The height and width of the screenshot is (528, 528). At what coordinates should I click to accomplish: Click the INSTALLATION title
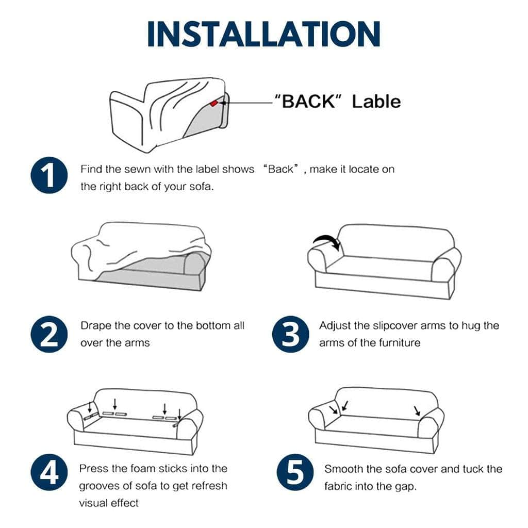(x=264, y=34)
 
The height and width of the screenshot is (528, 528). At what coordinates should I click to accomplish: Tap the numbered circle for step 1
(x=49, y=175)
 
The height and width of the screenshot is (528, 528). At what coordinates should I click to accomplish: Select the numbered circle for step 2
(x=49, y=334)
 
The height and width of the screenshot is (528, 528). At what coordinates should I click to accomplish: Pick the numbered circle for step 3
(x=291, y=334)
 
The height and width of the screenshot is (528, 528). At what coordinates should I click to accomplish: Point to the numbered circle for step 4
(x=49, y=472)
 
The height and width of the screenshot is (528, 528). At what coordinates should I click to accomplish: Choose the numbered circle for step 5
(x=295, y=472)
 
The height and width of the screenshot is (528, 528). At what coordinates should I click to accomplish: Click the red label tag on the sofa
(x=214, y=103)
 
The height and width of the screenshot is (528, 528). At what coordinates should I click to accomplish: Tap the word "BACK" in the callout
(x=308, y=101)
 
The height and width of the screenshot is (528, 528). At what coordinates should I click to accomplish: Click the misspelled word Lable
(x=376, y=101)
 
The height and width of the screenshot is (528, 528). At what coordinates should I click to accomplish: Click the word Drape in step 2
(x=96, y=326)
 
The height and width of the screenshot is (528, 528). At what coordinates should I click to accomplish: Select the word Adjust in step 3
(x=335, y=326)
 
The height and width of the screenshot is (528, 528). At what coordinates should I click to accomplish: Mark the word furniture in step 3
(x=400, y=343)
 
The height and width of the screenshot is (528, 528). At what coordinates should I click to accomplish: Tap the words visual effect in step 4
(x=109, y=503)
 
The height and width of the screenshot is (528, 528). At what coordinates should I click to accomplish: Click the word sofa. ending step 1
(x=202, y=186)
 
